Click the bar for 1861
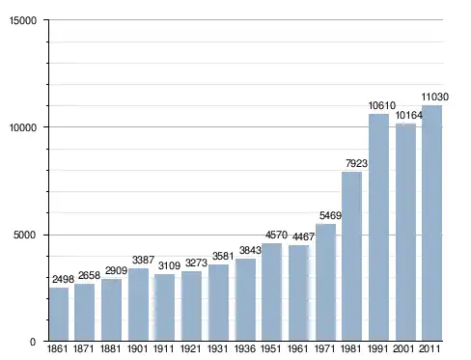coord(59,314)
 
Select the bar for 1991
coord(378,228)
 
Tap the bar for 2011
coord(431,223)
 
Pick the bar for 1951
coord(272,291)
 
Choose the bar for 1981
coord(351,256)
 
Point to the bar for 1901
coord(138,304)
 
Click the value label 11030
coord(435,97)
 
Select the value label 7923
coord(356,163)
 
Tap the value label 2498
coord(63,279)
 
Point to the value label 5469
coord(330,215)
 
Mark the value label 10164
coord(408,115)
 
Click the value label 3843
coord(250,250)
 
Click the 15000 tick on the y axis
coord(23,20)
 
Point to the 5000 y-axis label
coord(24,235)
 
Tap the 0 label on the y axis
coord(33,342)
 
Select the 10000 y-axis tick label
coord(23,127)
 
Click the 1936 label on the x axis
coord(245,348)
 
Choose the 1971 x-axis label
coord(325,348)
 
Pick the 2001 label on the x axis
coord(403,348)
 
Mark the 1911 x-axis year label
coord(163,348)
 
